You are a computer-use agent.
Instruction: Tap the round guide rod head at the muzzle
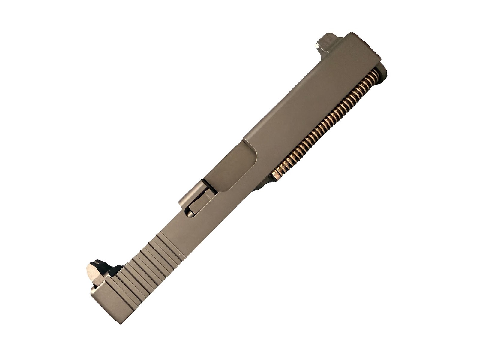[382, 72]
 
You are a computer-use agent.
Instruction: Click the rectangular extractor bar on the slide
[199, 204]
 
